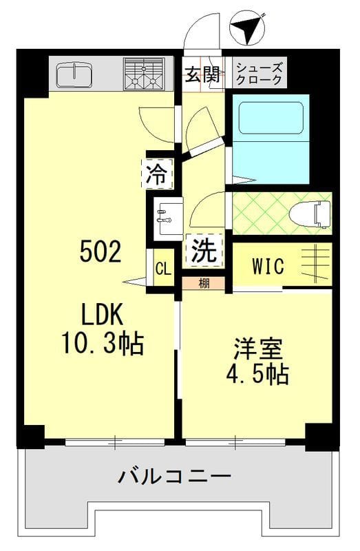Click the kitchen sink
(74, 75)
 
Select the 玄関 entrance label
(202, 74)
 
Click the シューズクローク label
(259, 74)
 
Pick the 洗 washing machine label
(204, 251)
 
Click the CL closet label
(162, 269)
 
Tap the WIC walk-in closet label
(267, 267)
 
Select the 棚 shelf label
(203, 283)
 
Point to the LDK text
(101, 315)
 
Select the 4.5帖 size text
(257, 375)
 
